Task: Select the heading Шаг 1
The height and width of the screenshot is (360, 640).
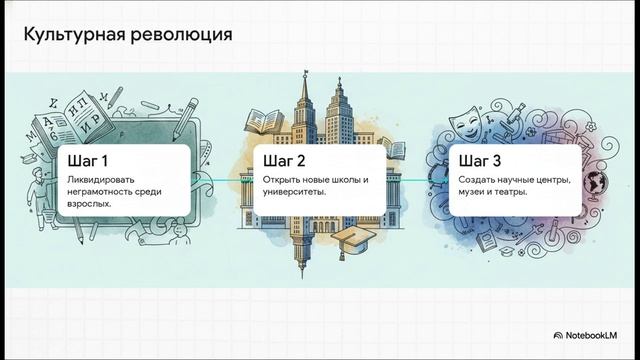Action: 88,161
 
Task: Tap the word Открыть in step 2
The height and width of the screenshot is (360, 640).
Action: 282,180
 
